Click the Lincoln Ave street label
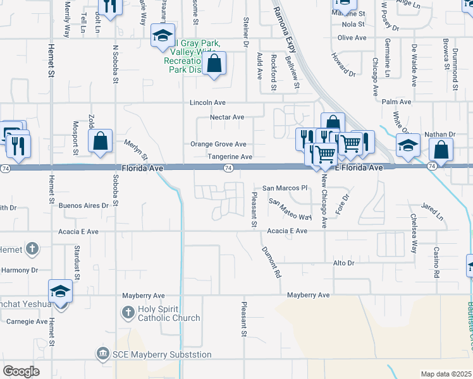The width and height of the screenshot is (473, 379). coord(209,102)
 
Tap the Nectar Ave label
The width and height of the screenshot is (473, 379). coord(226,117)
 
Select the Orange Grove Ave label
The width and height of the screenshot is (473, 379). coord(218,144)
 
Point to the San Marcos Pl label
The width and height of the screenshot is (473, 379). coord(285,188)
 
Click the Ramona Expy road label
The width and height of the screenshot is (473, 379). coord(285,30)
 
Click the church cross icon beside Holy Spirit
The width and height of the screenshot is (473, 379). coord(128,312)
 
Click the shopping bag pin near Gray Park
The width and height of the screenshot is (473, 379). coord(214,63)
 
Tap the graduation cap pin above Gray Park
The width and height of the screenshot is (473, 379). coord(162,36)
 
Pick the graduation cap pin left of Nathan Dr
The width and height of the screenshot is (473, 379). coord(408,145)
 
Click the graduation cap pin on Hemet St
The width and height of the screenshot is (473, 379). coord(60,291)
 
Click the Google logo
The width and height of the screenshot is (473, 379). coord(21,371)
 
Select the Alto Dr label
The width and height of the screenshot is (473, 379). coord(345,263)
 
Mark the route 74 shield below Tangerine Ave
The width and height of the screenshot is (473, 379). coord(229,168)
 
